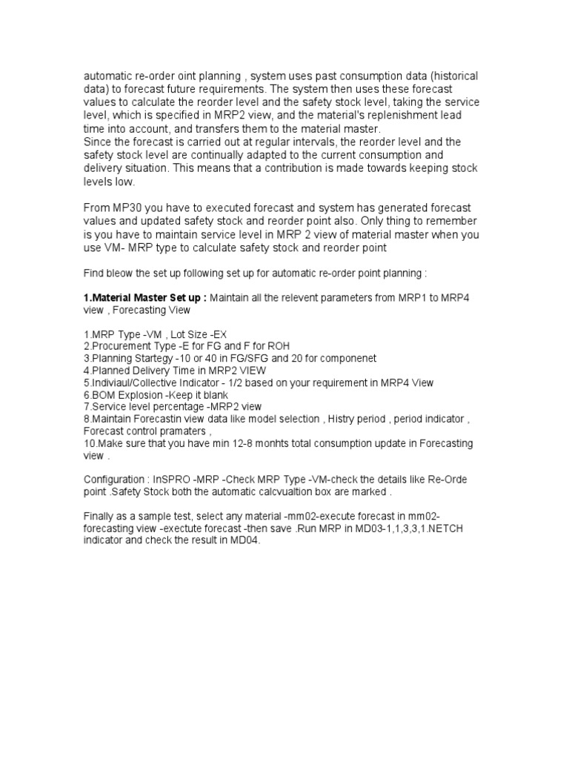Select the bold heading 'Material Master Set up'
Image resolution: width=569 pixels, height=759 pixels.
pos(147,298)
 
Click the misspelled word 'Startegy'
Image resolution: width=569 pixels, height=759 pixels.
pos(159,358)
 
